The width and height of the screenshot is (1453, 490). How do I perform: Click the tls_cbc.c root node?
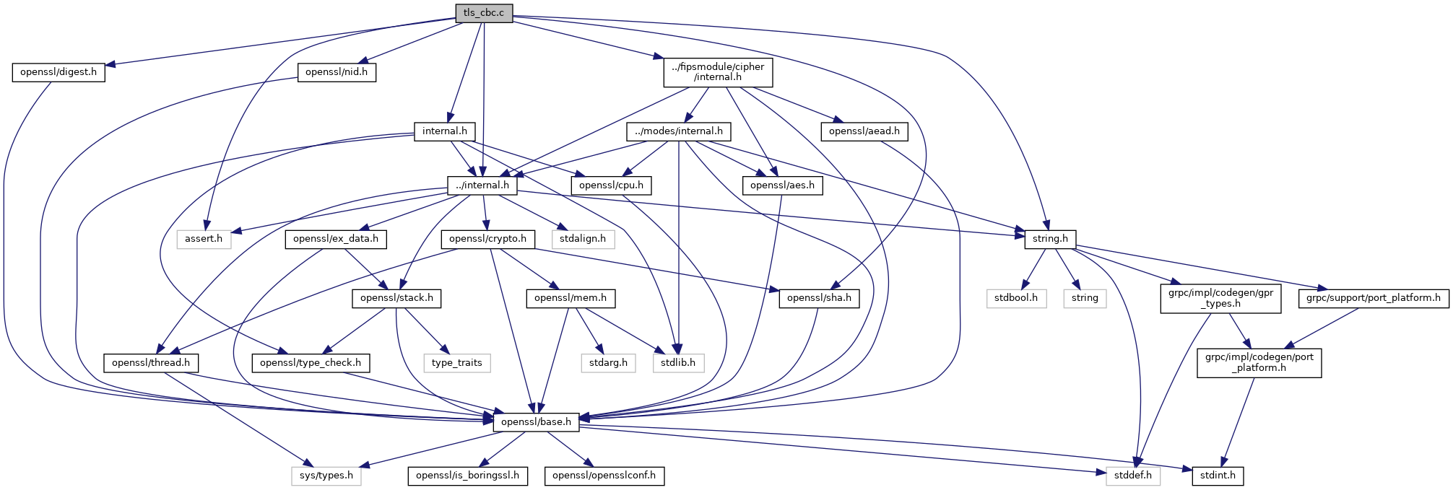pyautogui.click(x=484, y=13)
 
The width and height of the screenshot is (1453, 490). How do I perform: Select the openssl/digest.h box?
pyautogui.click(x=58, y=72)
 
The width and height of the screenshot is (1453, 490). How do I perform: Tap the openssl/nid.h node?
pyautogui.click(x=337, y=72)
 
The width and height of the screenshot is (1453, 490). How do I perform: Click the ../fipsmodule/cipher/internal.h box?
pyautogui.click(x=718, y=72)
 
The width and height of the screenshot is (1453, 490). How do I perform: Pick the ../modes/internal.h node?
pyautogui.click(x=678, y=131)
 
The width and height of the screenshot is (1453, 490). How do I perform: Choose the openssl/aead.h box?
pyautogui.click(x=864, y=131)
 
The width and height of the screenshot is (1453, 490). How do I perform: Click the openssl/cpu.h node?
pyautogui.click(x=612, y=185)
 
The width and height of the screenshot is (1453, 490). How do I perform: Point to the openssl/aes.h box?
pyautogui.click(x=782, y=185)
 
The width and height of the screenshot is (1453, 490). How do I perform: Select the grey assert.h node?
pyautogui.click(x=204, y=239)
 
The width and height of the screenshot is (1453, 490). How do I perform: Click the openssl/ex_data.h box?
pyautogui.click(x=336, y=239)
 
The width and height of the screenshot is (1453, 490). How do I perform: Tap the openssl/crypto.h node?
pyautogui.click(x=488, y=239)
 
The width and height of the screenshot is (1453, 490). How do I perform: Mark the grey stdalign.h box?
pyautogui.click(x=583, y=239)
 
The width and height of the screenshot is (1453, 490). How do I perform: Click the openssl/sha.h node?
pyautogui.click(x=819, y=298)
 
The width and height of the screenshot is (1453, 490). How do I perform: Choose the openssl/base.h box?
pyautogui.click(x=536, y=422)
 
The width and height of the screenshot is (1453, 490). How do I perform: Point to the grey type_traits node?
pyautogui.click(x=457, y=363)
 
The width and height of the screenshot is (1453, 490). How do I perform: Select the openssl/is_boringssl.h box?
pyautogui.click(x=467, y=476)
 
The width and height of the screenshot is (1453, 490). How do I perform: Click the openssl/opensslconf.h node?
pyautogui.click(x=604, y=476)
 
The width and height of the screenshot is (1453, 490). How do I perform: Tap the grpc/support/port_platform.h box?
pyautogui.click(x=1374, y=298)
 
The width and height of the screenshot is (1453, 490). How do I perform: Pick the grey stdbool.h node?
pyautogui.click(x=1016, y=298)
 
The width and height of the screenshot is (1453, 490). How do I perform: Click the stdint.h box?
pyautogui.click(x=1218, y=476)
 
